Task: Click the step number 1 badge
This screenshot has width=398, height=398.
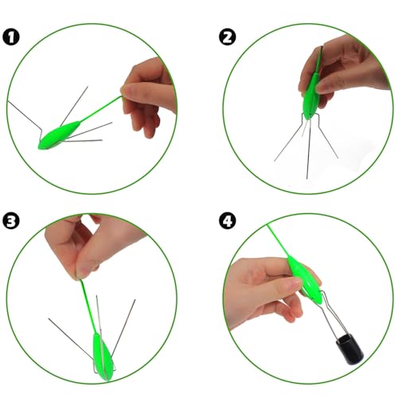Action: pos(11,37)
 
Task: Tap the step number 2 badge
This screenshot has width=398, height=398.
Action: pos(228,37)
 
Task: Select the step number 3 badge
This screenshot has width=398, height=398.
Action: pos(11,221)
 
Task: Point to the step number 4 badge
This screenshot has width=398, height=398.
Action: pos(228,221)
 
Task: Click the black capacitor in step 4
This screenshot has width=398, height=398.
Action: pos(349,349)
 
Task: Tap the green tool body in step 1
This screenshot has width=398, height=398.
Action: pos(59,135)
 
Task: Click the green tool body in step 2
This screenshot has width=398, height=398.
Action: pos(311,96)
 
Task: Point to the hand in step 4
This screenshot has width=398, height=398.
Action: pos(268,292)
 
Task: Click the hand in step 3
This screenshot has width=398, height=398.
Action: pos(90,245)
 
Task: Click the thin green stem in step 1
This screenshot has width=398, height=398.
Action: pos(101,109)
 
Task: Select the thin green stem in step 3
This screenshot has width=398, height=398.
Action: pos(88,306)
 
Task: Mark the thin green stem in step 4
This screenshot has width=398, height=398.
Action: pos(278,240)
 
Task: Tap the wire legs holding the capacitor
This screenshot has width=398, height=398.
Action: pos(334,314)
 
